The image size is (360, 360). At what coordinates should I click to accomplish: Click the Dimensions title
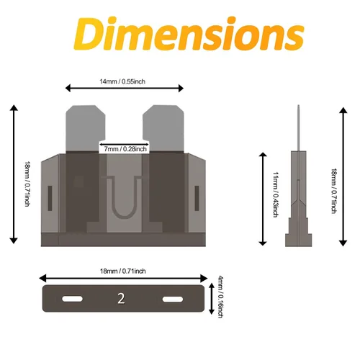click(x=189, y=34)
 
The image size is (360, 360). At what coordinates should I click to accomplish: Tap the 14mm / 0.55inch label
click(x=122, y=81)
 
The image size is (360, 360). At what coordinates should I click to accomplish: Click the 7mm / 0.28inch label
click(x=125, y=149)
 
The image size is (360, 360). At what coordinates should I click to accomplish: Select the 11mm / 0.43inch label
click(x=276, y=194)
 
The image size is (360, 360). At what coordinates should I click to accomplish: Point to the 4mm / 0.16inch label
click(x=220, y=297)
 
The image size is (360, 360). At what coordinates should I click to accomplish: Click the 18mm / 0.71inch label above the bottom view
click(x=123, y=271)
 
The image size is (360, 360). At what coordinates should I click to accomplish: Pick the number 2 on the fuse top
click(x=121, y=299)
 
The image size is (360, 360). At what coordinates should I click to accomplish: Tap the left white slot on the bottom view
click(x=72, y=299)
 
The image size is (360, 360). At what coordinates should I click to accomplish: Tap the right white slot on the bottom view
click(x=173, y=300)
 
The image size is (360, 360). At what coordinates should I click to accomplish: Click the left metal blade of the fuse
click(x=86, y=128)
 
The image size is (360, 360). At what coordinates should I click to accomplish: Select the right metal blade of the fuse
click(x=163, y=128)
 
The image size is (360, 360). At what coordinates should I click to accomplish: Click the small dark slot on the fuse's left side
click(x=50, y=198)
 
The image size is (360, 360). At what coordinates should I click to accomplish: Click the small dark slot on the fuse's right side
click(x=197, y=198)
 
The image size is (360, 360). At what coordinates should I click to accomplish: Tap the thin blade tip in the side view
click(x=299, y=128)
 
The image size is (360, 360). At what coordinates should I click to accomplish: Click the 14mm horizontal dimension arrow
click(x=125, y=89)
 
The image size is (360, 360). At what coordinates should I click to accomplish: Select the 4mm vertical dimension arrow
click(x=212, y=299)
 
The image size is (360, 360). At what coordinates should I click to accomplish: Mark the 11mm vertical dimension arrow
click(x=263, y=199)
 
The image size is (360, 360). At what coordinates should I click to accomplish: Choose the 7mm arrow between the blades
click(x=125, y=144)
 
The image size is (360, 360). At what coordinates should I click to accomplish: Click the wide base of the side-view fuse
click(x=299, y=240)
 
